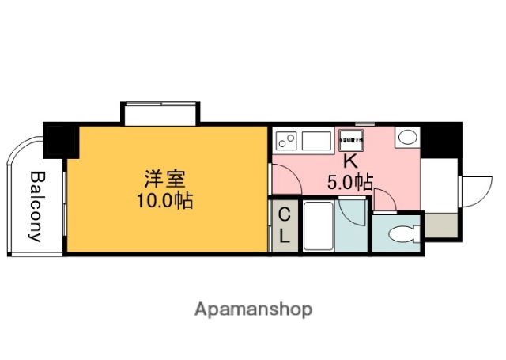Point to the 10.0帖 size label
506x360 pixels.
point(164,199)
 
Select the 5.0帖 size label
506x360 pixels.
point(350,183)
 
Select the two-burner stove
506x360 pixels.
point(286,142)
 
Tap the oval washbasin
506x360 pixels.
point(408,137)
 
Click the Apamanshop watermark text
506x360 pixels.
point(253,309)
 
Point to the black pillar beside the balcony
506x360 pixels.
point(59,140)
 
